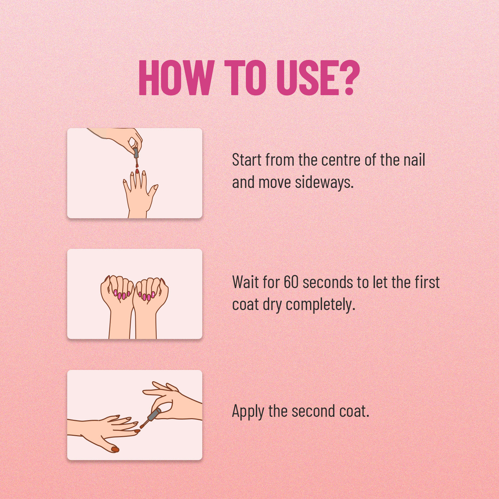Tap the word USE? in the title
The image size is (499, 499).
click(318, 78)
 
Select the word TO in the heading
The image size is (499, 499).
click(246, 78)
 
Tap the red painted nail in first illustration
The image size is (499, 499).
click(137, 171)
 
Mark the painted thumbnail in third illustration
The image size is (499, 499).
click(115, 449)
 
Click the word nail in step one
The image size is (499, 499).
click(414, 160)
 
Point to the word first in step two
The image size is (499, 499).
click(427, 282)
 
